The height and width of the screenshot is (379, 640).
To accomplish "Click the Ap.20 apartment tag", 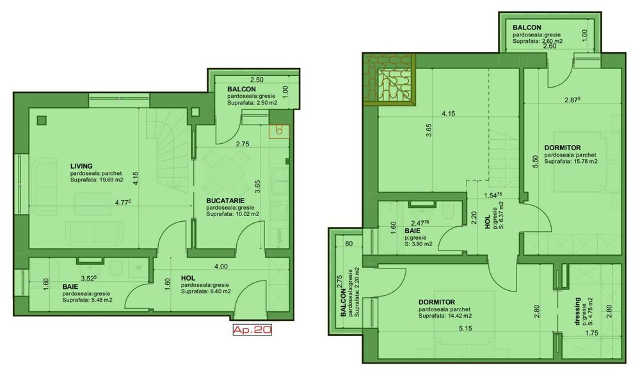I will point(252,330).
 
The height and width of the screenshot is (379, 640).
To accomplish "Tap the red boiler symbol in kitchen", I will point(278,131).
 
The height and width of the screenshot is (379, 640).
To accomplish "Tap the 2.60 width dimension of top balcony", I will point(549,47).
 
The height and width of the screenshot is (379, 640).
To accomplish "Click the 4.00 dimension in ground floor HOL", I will point(220,266).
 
